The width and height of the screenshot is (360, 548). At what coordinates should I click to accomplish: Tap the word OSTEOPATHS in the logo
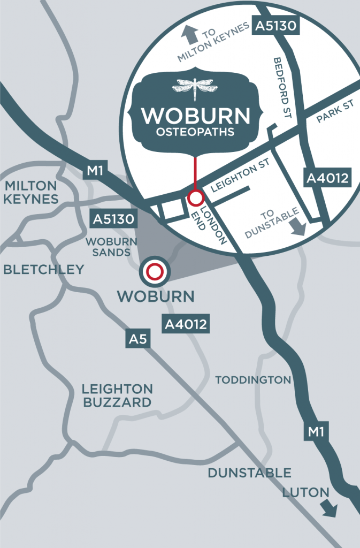coord(195,132)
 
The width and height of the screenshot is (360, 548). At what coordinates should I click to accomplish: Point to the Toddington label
coord(252,380)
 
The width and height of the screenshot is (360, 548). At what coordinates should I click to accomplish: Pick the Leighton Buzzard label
coord(117,395)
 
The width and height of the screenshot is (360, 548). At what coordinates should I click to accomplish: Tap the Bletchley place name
coord(43,269)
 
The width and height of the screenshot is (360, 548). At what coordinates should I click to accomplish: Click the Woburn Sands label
coord(107,247)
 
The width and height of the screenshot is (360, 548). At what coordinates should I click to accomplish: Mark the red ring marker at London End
coord(195,199)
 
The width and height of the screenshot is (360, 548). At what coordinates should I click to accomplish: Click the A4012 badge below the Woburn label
coord(186,323)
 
